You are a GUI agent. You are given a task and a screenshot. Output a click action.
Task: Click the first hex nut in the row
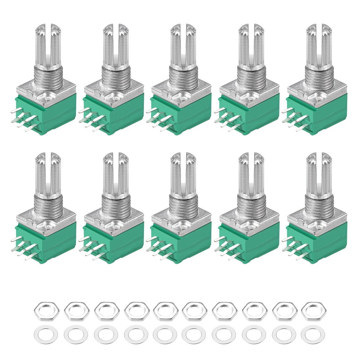(x=44, y=309)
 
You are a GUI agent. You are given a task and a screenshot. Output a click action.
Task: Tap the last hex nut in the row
(x=312, y=309)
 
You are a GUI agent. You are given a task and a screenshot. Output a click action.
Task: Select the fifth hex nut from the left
(x=163, y=309)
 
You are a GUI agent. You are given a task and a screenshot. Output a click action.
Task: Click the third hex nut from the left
(x=103, y=309)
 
